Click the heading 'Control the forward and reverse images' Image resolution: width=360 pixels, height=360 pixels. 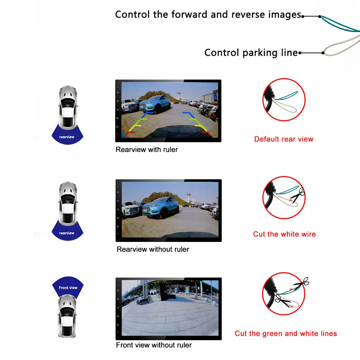tap(208, 14)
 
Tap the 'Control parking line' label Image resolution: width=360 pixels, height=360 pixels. tap(251, 53)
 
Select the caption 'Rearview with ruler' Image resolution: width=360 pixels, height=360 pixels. tap(147, 149)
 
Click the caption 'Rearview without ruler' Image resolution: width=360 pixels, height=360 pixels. tap(153, 249)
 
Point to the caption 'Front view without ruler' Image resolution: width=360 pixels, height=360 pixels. tap(154, 345)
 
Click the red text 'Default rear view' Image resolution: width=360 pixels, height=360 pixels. tap(284, 139)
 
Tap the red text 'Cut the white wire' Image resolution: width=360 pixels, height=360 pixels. tap(284, 234)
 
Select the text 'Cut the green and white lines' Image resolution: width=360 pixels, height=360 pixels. tap(285, 333)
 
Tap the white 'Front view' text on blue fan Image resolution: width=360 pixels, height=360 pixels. tap(68, 288)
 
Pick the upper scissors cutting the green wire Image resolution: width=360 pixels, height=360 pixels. tap(301, 283)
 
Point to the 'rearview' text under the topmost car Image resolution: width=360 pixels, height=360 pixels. tap(67, 137)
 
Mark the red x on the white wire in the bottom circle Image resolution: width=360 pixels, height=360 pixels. tap(292, 306)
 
